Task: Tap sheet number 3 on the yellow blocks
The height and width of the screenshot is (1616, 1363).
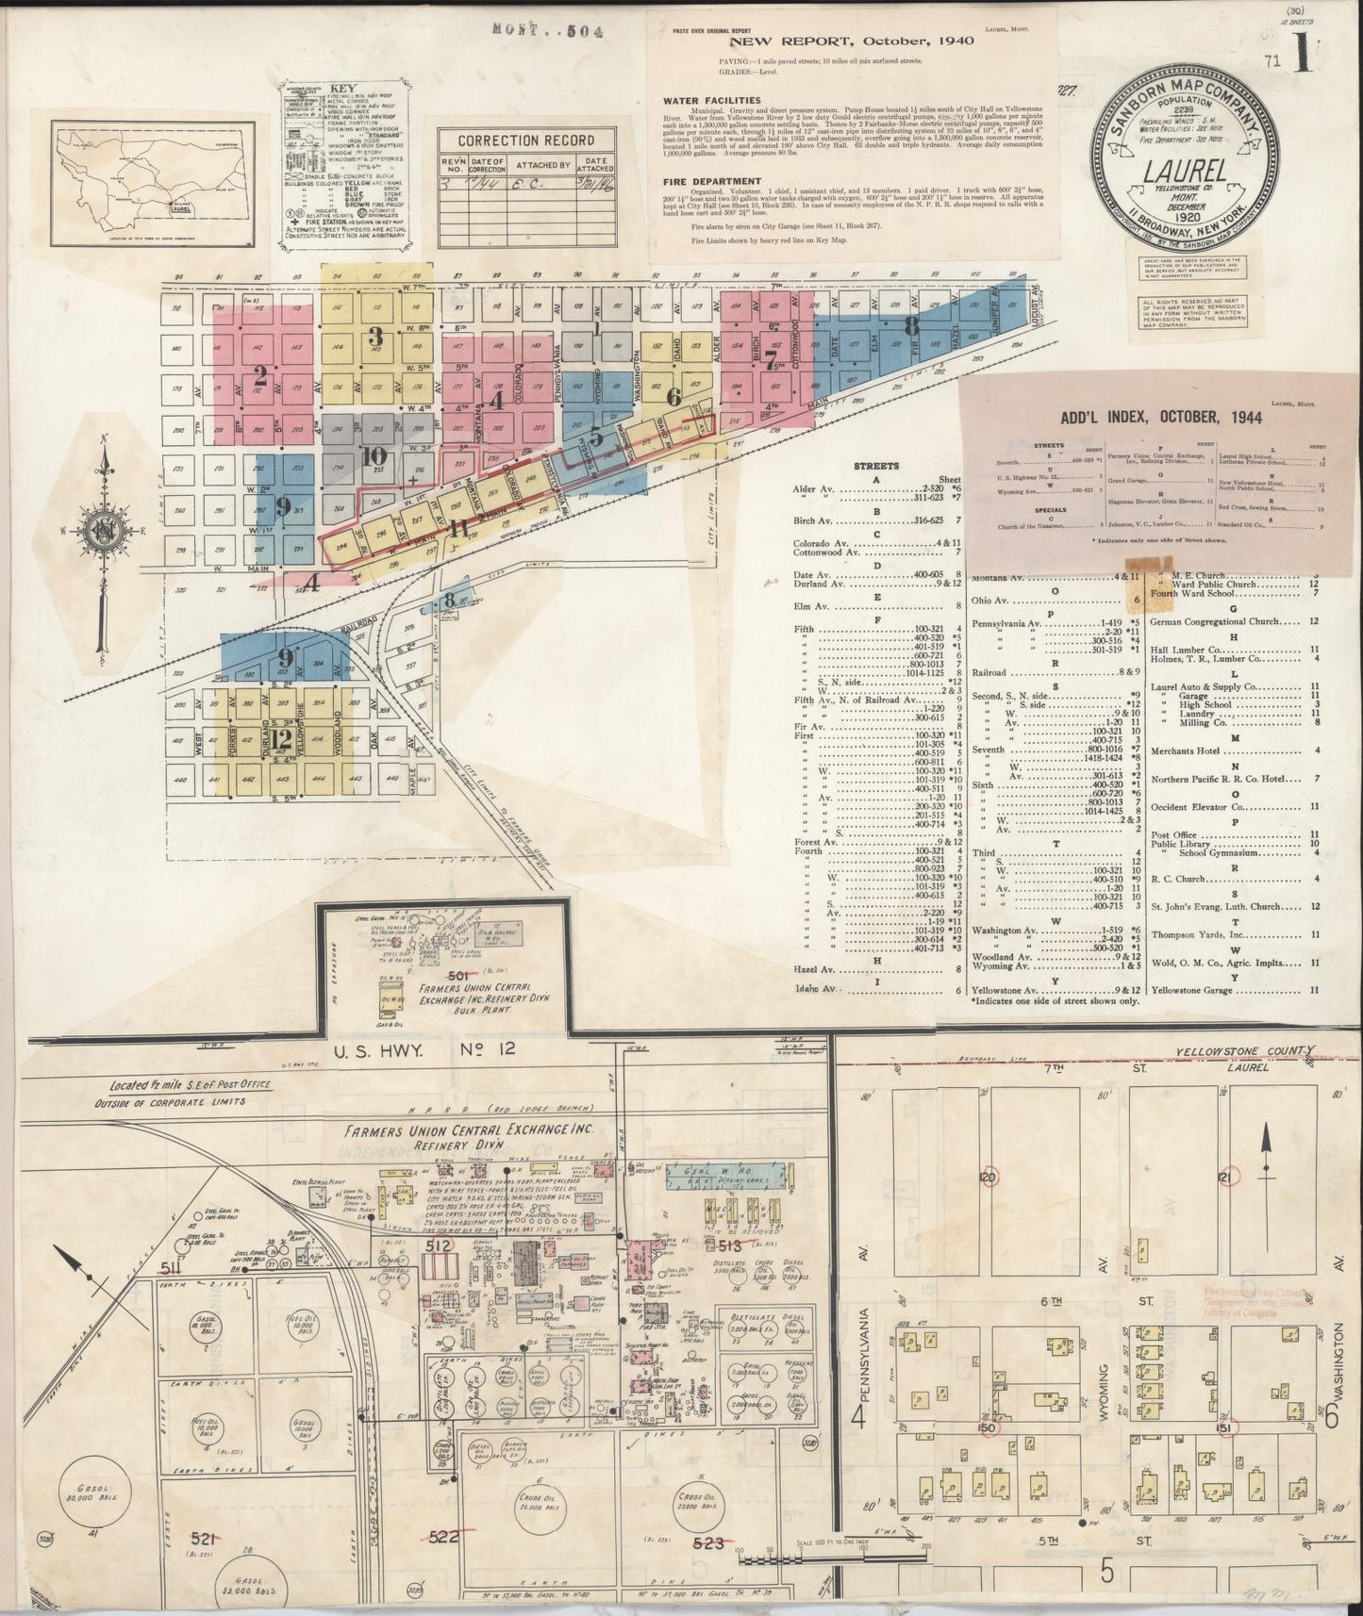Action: [x=375, y=337]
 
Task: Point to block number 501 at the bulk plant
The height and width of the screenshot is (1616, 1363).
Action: [x=458, y=975]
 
